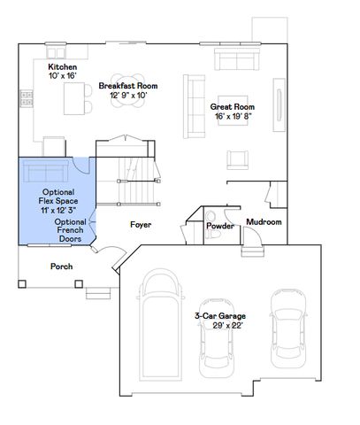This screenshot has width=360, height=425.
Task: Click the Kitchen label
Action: [62, 67]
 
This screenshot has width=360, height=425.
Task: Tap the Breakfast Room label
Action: [128, 86]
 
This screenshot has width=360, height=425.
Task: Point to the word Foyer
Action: [141, 225]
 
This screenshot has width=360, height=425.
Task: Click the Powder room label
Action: [219, 226]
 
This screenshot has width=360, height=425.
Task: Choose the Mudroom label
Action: [264, 221]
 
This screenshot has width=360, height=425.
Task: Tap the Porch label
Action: [61, 267]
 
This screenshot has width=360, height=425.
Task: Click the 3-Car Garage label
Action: [220, 315]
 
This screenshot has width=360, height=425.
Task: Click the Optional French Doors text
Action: [69, 230]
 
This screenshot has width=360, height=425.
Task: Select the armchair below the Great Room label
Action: [237, 158]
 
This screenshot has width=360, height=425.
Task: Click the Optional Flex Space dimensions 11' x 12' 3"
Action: [57, 211]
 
